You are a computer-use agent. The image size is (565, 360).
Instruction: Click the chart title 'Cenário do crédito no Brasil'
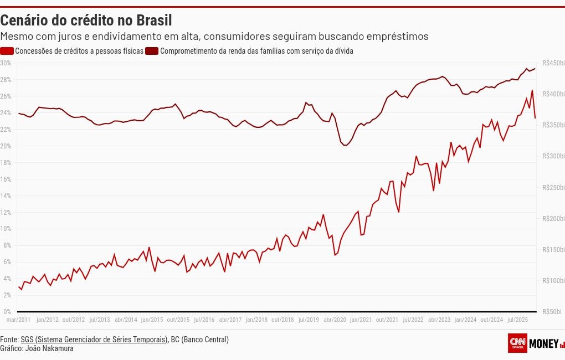coord(86,20)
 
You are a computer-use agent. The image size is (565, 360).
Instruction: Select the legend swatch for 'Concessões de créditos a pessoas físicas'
coord(7,51)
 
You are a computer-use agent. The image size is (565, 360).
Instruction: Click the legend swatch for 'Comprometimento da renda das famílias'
coord(152,51)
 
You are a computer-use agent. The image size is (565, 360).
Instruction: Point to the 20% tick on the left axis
coord(6,146)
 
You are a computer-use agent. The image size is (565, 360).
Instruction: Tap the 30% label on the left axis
coord(6,63)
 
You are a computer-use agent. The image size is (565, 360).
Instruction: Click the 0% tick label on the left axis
coord(7,312)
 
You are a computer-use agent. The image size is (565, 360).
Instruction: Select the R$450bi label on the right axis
coord(553,63)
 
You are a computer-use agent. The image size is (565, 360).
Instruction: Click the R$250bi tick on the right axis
coord(553,188)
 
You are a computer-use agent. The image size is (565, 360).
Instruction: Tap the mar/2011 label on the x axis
coord(18,320)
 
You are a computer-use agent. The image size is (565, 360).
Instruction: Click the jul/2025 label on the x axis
coord(518,320)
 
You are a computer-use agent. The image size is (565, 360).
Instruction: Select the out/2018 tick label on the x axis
coord(282,320)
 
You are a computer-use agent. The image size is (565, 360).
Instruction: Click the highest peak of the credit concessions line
coord(532,90)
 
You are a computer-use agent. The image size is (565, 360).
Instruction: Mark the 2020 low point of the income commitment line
coord(345,145)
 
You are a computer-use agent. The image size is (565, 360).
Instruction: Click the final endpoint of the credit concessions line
coord(535,118)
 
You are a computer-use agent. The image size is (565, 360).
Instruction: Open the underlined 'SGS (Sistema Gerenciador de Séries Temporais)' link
coord(94,340)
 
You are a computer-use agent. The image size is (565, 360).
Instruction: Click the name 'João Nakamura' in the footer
coord(49,348)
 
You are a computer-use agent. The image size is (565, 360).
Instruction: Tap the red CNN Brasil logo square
coord(517,343)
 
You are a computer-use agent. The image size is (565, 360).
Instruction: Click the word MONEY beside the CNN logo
coord(544,344)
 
